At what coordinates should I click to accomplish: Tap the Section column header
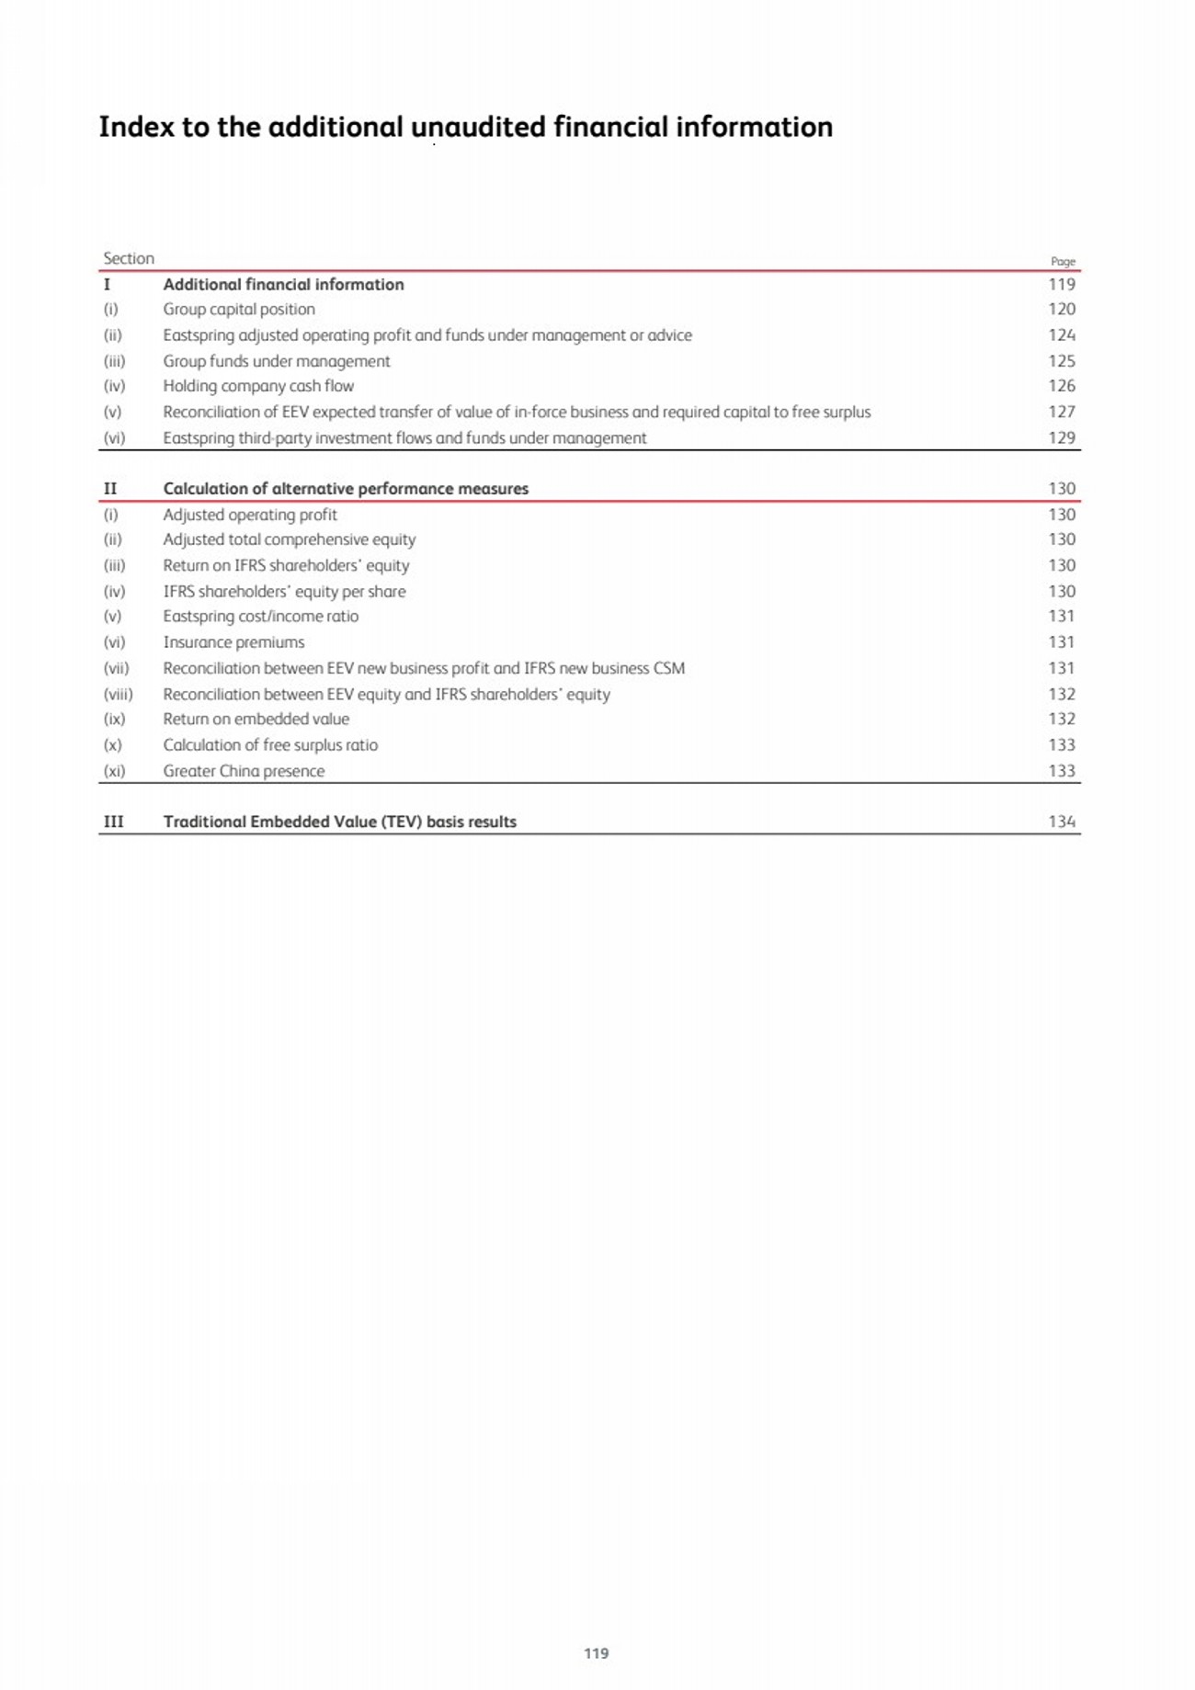click(x=129, y=258)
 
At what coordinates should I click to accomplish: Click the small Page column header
click(x=1063, y=261)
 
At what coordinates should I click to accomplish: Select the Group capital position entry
click(x=239, y=310)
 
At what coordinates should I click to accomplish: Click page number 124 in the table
click(x=1062, y=335)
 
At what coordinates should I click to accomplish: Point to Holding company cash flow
click(x=258, y=386)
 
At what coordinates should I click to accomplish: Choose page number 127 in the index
click(x=1062, y=412)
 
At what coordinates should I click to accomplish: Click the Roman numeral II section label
click(x=110, y=489)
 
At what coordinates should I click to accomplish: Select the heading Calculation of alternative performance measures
click(x=346, y=489)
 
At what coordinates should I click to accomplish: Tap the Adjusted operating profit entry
click(x=250, y=515)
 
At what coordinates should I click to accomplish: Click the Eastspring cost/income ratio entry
click(x=261, y=617)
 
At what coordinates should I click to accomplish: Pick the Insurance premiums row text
click(x=233, y=642)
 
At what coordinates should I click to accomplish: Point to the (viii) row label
click(x=118, y=695)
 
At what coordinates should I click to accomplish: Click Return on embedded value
click(x=256, y=720)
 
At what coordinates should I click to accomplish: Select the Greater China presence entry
click(x=244, y=771)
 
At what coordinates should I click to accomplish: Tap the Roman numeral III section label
click(x=113, y=822)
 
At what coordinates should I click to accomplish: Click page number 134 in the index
click(x=1062, y=822)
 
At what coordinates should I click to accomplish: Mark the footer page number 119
click(x=597, y=1653)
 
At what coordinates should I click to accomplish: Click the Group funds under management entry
click(x=277, y=361)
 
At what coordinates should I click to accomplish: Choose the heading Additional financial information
click(x=283, y=285)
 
